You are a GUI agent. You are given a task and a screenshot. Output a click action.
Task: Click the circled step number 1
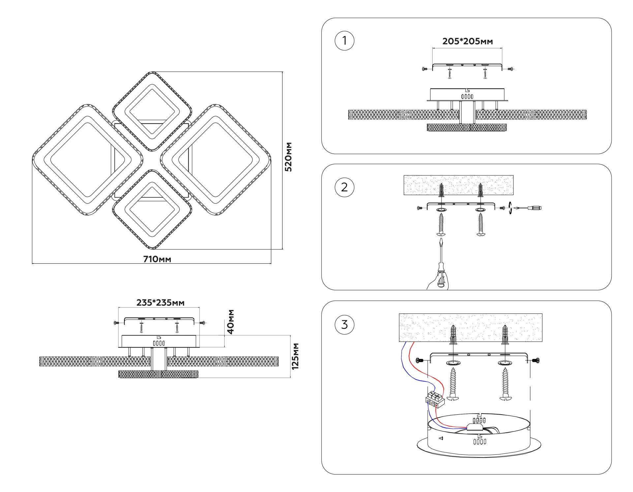click(x=344, y=41)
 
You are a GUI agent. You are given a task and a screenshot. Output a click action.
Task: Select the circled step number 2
click(x=344, y=187)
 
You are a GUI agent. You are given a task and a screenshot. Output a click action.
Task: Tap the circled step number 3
click(x=344, y=325)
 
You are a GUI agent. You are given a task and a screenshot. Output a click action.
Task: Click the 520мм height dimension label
click(x=288, y=157)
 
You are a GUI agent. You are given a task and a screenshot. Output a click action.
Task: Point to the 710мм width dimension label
click(x=157, y=259)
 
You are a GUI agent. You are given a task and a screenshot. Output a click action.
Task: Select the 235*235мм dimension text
click(x=161, y=303)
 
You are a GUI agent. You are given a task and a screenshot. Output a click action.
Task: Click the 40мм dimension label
click(x=231, y=322)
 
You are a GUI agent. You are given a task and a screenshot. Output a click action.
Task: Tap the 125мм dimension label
click(x=295, y=356)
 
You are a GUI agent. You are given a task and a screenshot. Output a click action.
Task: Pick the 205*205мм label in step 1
click(x=467, y=42)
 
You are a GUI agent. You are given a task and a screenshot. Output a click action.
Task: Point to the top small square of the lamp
click(x=152, y=111)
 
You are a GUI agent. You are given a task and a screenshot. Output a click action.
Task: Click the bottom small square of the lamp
click(x=152, y=210)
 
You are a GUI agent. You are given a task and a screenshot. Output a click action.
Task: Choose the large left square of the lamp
click(x=87, y=160)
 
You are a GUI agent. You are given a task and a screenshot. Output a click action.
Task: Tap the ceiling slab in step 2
click(x=458, y=185)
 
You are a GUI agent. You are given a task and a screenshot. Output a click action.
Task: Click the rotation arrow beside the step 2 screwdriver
click(x=511, y=208)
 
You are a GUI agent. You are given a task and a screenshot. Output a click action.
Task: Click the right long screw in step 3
click(x=505, y=384)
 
